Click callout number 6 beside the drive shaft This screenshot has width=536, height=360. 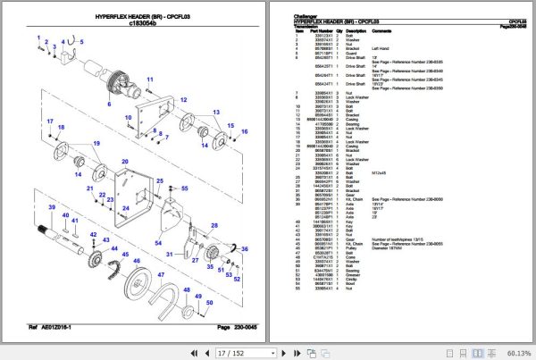[x=110, y=105]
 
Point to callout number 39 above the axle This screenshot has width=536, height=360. [x=54, y=209]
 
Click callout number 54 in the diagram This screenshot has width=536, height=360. [x=158, y=242]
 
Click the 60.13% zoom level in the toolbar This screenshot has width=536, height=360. [x=515, y=352]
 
